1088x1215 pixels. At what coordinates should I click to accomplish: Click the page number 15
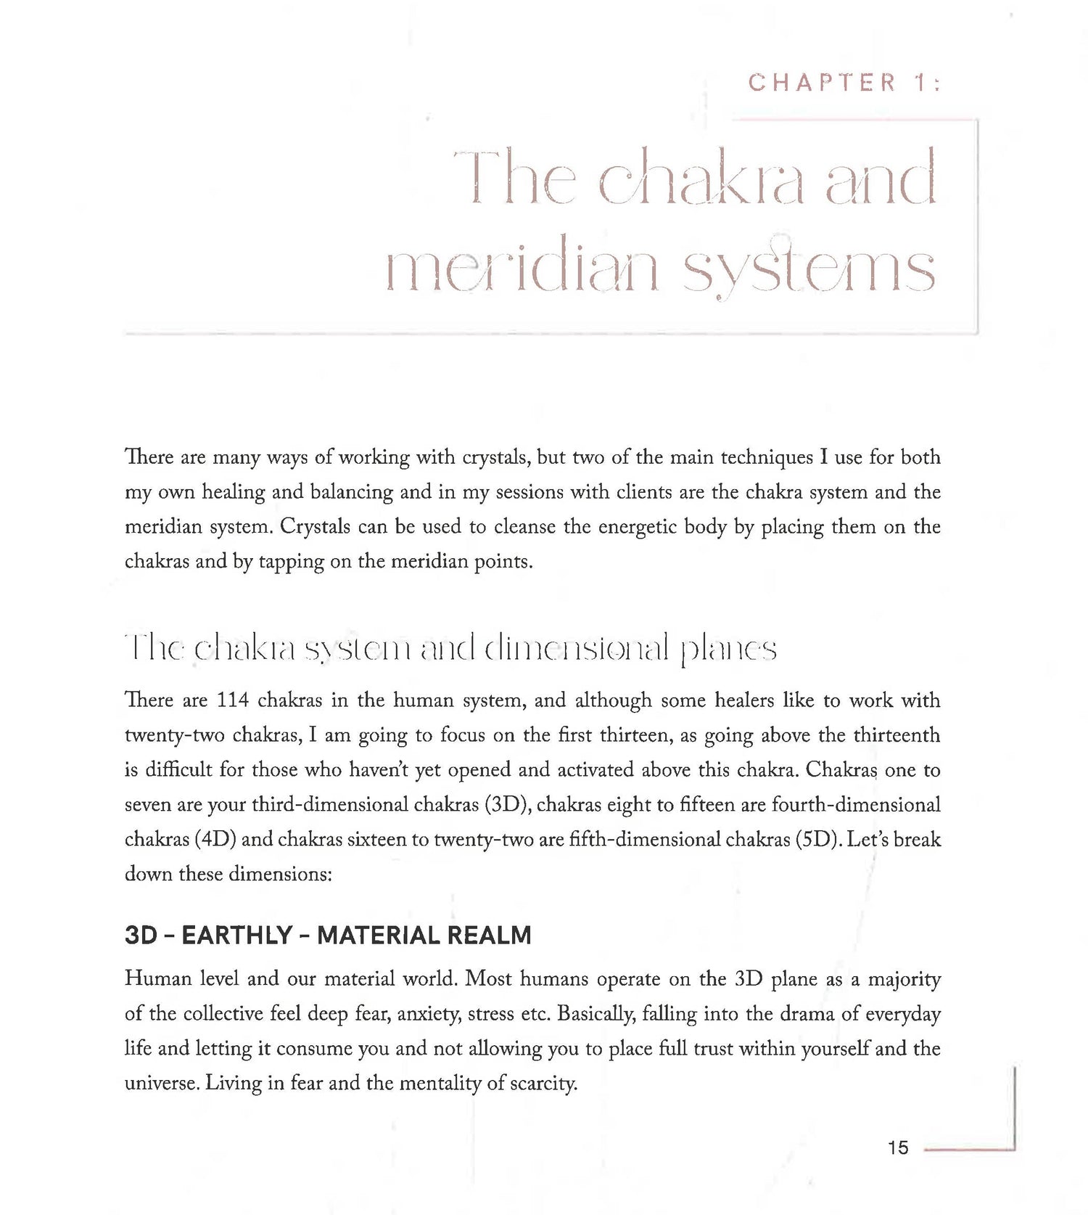pos(897,1147)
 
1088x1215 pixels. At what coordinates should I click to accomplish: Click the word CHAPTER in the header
pos(823,83)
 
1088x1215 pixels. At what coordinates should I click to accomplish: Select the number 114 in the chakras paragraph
pos(233,700)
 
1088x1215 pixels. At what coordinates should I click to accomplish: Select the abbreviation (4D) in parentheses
pos(215,840)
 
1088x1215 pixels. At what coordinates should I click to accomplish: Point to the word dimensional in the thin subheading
pos(585,648)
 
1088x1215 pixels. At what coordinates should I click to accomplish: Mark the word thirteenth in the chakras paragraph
pos(897,735)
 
